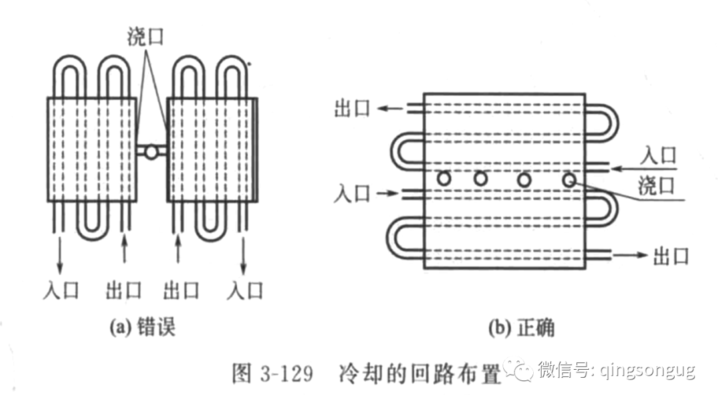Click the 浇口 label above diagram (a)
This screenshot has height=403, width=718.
(x=145, y=37)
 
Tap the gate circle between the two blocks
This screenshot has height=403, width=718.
(x=152, y=152)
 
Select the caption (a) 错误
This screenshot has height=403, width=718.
(x=142, y=327)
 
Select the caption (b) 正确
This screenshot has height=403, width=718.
(x=521, y=327)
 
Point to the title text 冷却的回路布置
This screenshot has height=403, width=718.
(x=419, y=373)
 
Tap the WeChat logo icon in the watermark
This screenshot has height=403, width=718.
(x=517, y=369)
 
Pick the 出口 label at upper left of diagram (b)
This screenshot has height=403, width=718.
(x=352, y=108)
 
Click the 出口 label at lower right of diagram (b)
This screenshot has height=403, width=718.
(x=670, y=255)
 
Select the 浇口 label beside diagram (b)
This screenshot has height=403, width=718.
(x=656, y=186)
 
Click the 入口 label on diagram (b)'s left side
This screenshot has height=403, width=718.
(x=352, y=194)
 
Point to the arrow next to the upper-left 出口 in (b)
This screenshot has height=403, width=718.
(x=390, y=108)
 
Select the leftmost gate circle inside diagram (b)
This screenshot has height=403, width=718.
(x=444, y=178)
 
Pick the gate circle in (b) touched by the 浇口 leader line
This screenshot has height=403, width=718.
(x=569, y=180)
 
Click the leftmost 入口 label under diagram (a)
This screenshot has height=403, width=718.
(x=60, y=290)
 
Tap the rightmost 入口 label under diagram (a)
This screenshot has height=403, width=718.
(x=245, y=290)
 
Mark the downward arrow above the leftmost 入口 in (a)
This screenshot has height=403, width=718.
(x=60, y=255)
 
